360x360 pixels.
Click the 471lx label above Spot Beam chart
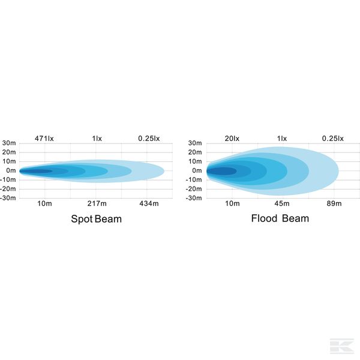coord(44,139)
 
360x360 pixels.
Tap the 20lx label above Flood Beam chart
coord(232,139)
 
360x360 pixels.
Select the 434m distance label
coord(148,204)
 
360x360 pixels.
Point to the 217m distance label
coord(97,204)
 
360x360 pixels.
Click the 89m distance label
coord(335,204)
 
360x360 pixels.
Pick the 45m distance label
coord(283,204)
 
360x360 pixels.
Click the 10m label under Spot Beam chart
coord(44,204)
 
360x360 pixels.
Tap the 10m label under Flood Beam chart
coord(232,204)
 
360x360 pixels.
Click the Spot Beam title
coord(96,219)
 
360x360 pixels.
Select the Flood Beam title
coord(280,218)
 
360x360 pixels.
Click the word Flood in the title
coord(265,218)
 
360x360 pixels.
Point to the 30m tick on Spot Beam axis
coord(9,143)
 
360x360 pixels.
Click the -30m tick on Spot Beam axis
coord(8,197)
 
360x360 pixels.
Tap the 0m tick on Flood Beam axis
coord(198,170)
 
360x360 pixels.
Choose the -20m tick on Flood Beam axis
coord(194,188)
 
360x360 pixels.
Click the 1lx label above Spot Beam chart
coord(97,139)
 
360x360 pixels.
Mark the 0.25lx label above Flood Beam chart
coord(333,139)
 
